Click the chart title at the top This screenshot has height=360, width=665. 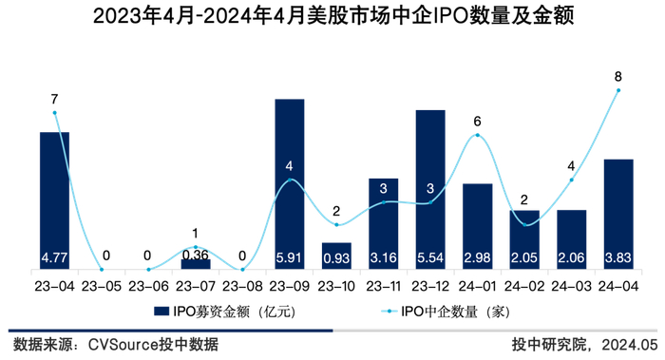coord(332,16)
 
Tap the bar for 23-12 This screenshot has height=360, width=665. coord(429,189)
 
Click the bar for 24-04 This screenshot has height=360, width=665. coord(618,214)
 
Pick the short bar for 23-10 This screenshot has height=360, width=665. coord(336,256)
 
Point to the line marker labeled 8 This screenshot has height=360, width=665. coord(618,90)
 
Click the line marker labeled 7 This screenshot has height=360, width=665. coord(54,112)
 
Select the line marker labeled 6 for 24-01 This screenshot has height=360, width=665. coord(477,135)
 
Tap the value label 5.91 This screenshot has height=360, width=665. coord(289,257)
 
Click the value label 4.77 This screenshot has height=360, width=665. coord(54,257)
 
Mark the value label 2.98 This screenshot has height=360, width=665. coord(477,257)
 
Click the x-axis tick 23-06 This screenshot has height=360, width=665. coord(148,284)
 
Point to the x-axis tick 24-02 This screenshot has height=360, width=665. coord(524,284)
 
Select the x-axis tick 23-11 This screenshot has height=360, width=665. coord(383,284)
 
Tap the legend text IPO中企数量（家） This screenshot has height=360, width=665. coord(452,310)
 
